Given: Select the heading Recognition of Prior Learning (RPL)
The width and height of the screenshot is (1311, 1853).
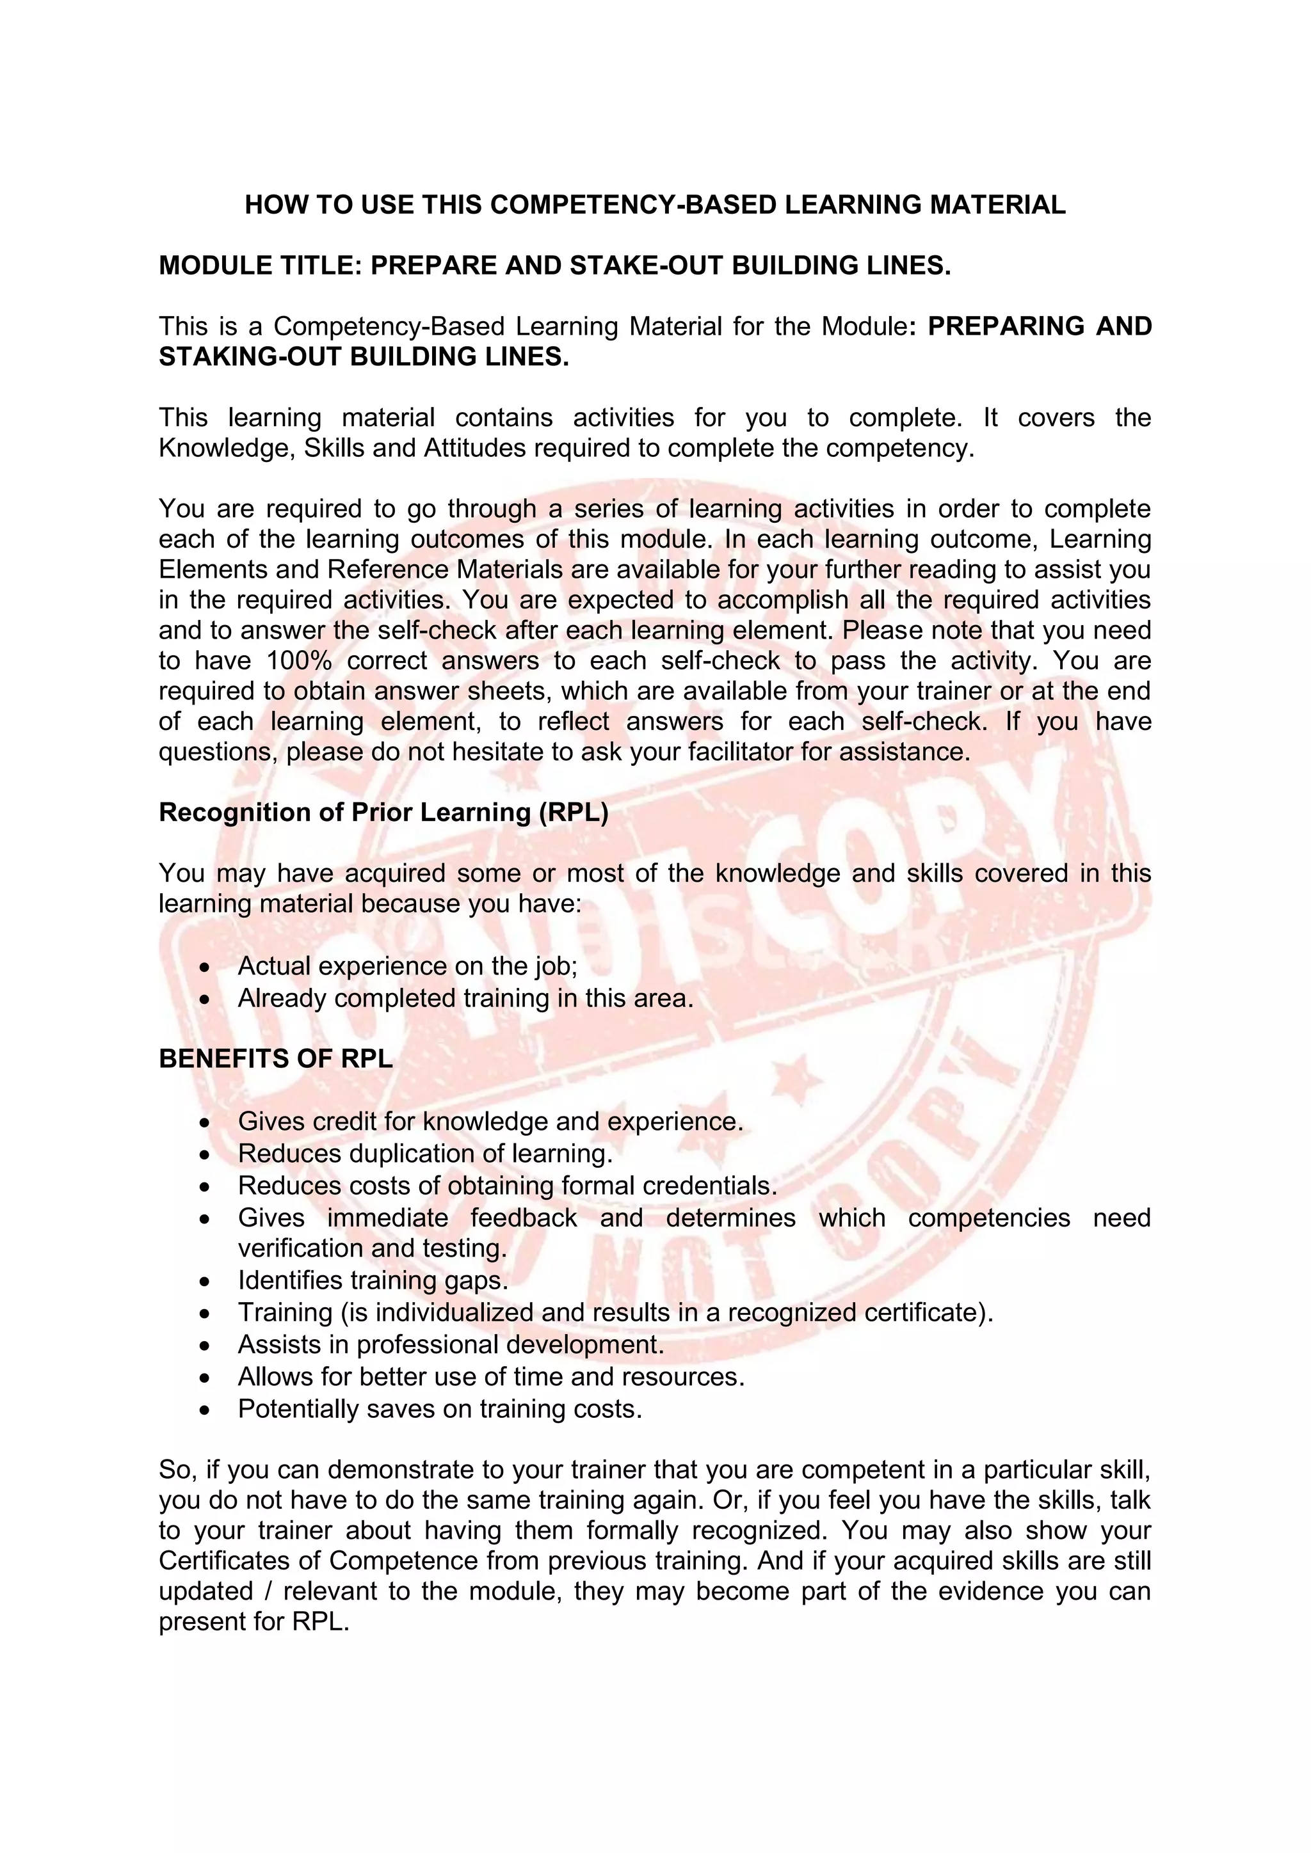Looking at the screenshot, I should [383, 812].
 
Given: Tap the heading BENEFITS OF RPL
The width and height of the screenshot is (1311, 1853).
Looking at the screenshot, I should [275, 1058].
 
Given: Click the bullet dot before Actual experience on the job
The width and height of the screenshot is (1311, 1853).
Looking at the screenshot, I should [207, 967].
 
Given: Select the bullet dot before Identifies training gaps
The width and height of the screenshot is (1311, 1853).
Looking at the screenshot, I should [207, 1282].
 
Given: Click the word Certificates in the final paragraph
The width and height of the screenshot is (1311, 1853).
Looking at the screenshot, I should [226, 1561].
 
